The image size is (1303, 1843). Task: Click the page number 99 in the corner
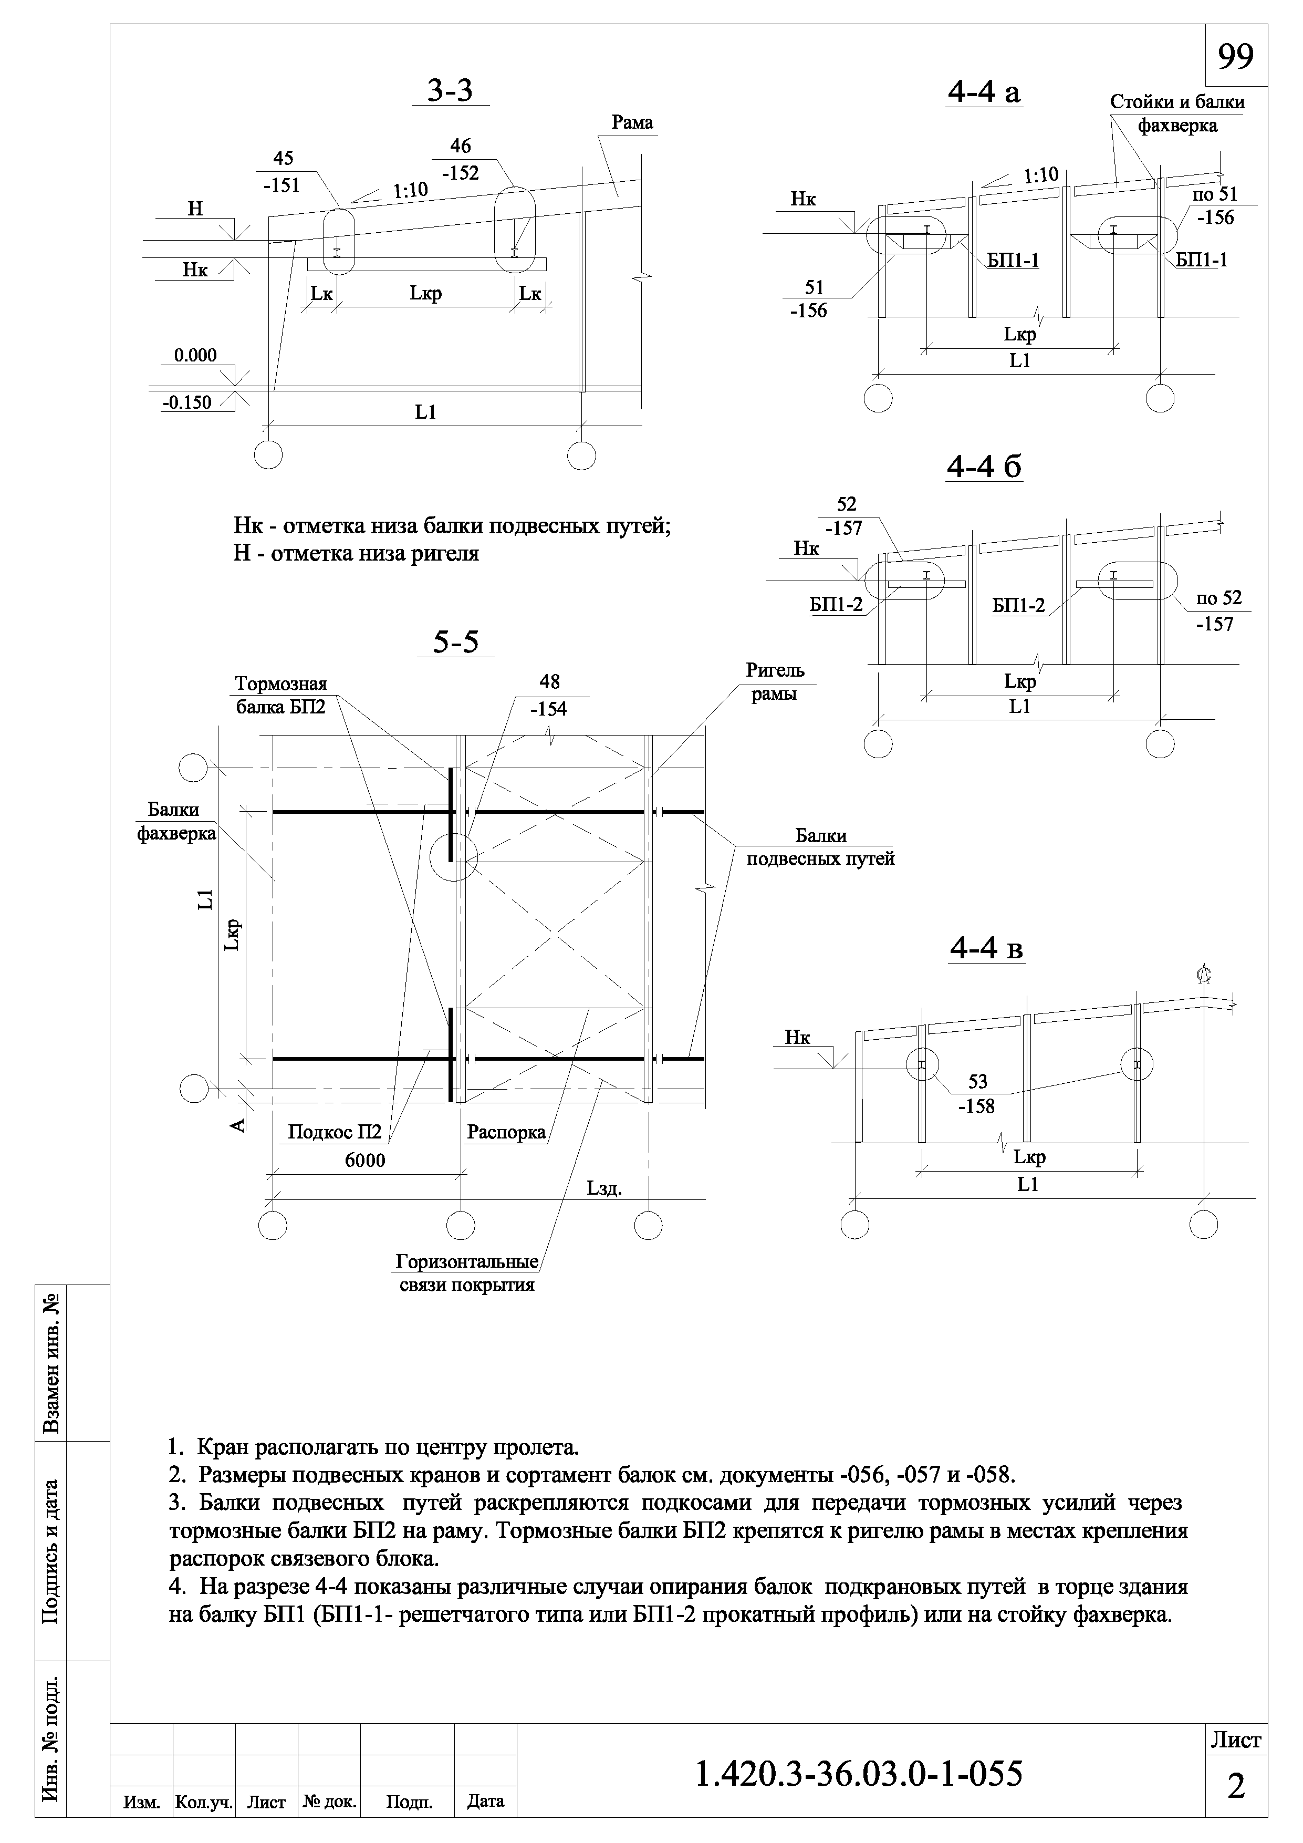[x=1236, y=56]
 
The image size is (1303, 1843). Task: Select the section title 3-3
[x=450, y=91]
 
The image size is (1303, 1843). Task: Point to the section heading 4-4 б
[x=984, y=467]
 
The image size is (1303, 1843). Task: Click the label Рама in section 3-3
[x=632, y=123]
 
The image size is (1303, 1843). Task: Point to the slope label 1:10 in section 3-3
[x=410, y=190]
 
